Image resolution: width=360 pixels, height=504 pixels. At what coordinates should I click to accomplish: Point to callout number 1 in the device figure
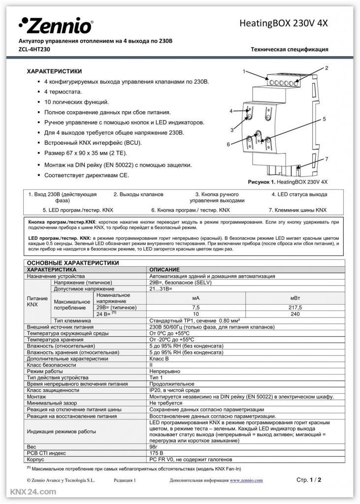[x=244, y=72]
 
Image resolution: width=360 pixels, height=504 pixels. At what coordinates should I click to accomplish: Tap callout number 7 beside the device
[x=325, y=158]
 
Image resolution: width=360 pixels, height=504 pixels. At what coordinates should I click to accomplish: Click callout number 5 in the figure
[x=325, y=119]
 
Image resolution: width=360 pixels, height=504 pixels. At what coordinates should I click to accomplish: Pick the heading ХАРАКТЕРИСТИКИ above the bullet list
[x=54, y=71]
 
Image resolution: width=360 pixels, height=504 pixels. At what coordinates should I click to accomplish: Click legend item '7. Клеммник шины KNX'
[x=297, y=210]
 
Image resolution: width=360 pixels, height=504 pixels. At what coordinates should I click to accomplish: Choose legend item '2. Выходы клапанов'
[x=138, y=194]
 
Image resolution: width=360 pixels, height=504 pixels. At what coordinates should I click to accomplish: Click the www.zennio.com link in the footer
[x=246, y=480]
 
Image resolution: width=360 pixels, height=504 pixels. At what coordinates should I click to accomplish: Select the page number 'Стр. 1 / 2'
[x=309, y=479]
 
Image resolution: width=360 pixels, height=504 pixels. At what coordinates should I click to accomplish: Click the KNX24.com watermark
[x=29, y=492]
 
